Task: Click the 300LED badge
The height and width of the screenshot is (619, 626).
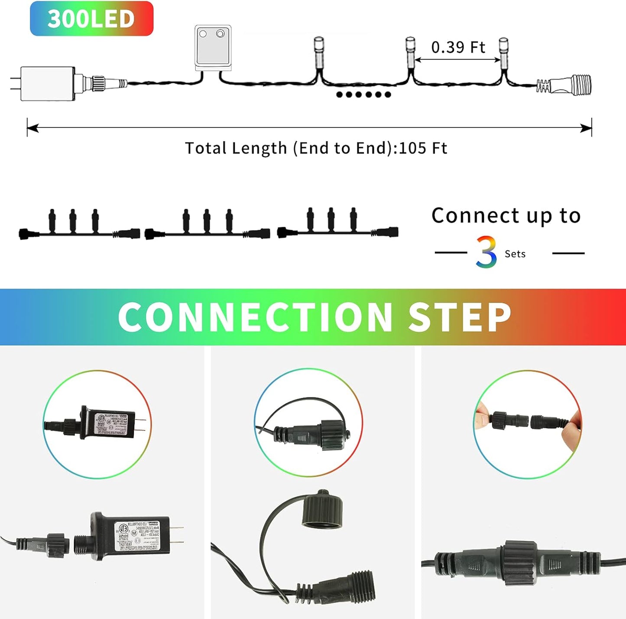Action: pos(91,19)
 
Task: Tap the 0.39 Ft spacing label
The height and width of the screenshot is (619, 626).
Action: pos(458,47)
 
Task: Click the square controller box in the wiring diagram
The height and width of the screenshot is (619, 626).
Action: pos(213,48)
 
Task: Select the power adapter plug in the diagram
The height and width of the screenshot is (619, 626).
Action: pos(47,83)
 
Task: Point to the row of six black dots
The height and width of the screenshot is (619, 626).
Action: pos(363,94)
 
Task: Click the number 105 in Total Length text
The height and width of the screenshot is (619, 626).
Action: pos(412,148)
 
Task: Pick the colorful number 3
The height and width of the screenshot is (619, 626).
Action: pos(486,252)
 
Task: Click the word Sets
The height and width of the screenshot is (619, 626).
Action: pos(515,254)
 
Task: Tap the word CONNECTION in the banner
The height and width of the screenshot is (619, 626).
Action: pos(255,317)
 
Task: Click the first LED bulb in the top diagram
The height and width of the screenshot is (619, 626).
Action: pos(319,51)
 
